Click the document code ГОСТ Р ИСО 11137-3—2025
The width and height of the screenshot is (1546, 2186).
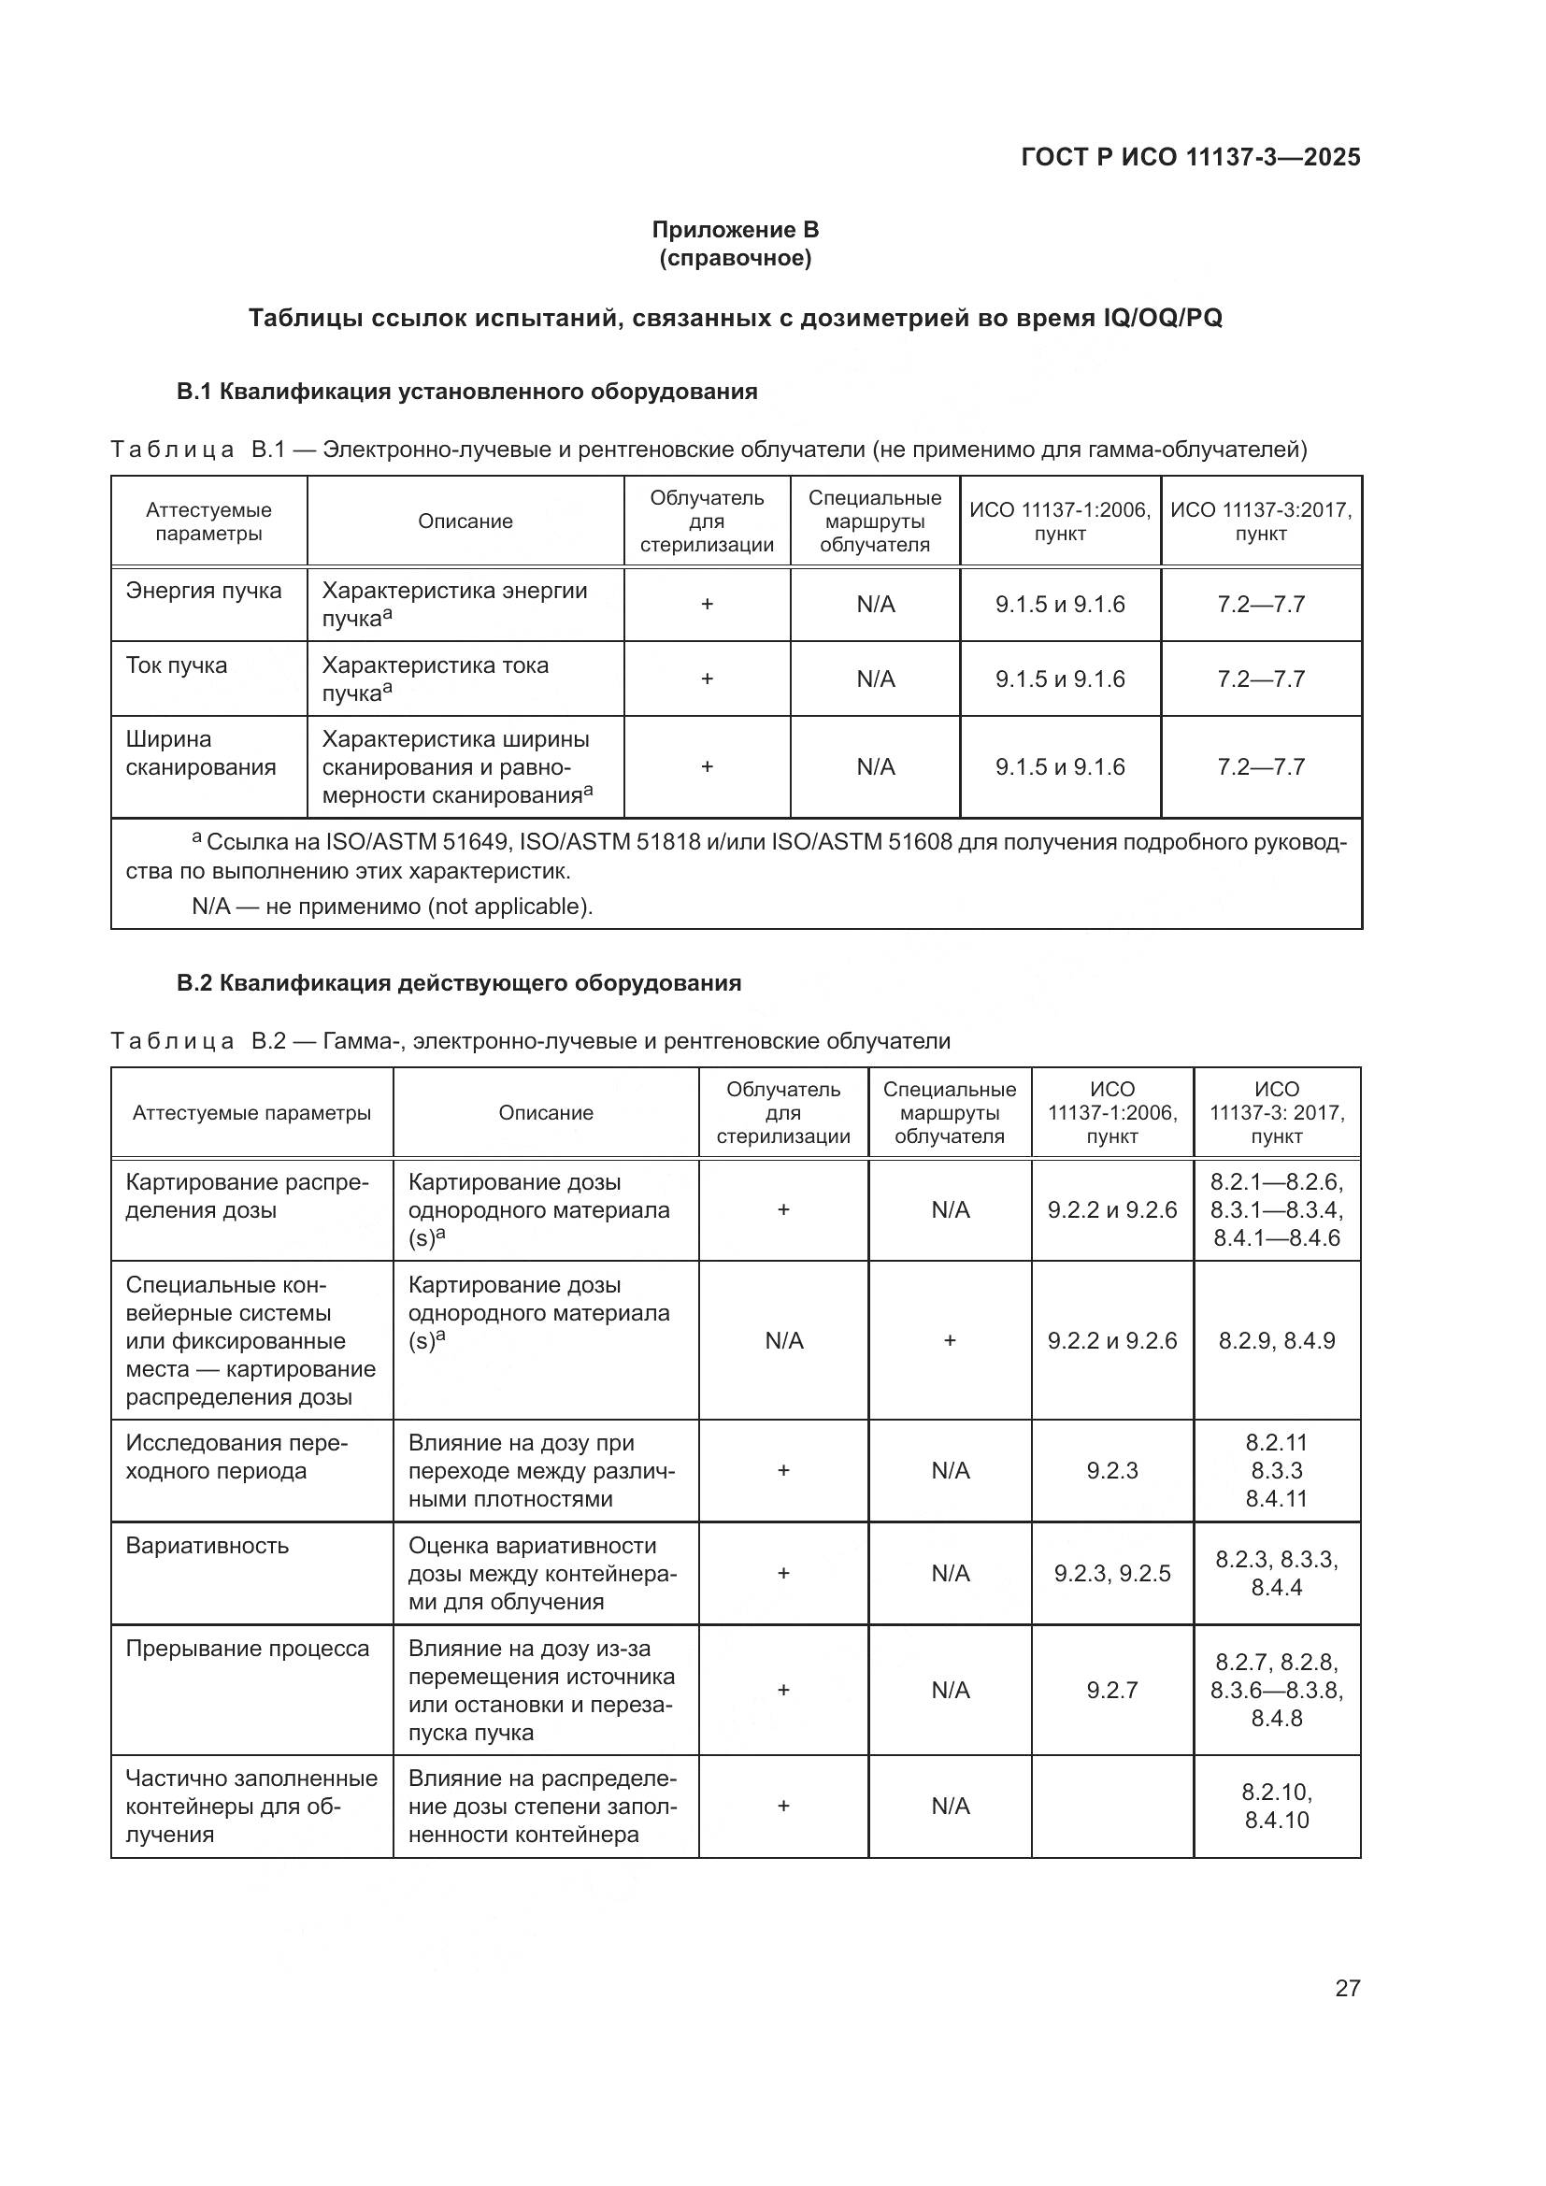1190,157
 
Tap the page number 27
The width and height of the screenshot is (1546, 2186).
1347,1988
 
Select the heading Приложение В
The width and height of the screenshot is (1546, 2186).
735,230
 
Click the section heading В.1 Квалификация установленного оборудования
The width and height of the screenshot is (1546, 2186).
466,392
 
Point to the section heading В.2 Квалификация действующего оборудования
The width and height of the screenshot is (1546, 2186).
459,982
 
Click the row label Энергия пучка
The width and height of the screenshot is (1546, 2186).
204,591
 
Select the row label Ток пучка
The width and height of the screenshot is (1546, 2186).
177,664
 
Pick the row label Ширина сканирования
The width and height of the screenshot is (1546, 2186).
201,753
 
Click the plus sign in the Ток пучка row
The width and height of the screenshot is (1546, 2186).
707,679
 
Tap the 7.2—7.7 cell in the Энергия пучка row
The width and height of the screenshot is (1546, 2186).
1260,605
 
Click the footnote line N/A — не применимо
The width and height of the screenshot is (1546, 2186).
393,906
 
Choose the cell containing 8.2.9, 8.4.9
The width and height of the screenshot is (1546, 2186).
1277,1340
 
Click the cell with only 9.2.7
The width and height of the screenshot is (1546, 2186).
1112,1690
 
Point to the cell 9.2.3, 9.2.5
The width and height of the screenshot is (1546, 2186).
1112,1573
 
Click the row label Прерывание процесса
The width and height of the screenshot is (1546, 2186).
248,1648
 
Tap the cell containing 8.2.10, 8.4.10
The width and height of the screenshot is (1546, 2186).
1277,1807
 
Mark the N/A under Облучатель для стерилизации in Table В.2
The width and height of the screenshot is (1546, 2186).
783,1340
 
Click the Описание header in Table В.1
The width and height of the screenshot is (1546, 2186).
465,521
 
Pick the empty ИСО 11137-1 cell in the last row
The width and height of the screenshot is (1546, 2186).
1112,1807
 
